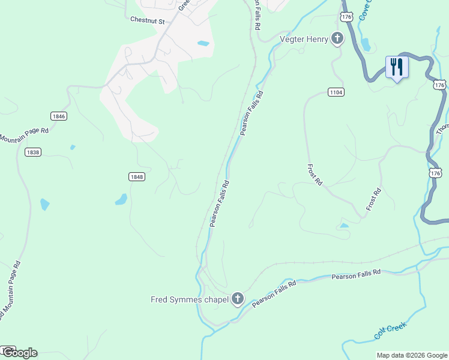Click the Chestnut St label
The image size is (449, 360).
[x=147, y=19]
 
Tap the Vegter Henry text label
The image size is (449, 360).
[x=304, y=40]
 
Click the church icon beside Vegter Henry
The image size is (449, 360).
[x=337, y=40]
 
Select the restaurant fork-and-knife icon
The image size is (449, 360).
[x=396, y=66]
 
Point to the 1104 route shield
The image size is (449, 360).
[x=336, y=92]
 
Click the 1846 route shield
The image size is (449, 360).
[x=59, y=116]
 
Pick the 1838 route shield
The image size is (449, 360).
[x=33, y=152]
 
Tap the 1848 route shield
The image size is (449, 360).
[x=136, y=176]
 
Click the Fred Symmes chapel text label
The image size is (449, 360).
[x=189, y=299]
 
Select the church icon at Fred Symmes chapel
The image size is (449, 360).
[x=238, y=299]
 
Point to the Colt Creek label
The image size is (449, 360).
[x=390, y=331]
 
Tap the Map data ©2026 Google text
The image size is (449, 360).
[x=411, y=355]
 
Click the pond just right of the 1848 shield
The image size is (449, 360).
[x=121, y=199]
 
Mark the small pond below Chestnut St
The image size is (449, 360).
[x=203, y=43]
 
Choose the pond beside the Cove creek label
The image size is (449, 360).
[x=366, y=45]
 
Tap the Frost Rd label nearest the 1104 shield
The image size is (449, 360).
[x=315, y=176]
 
